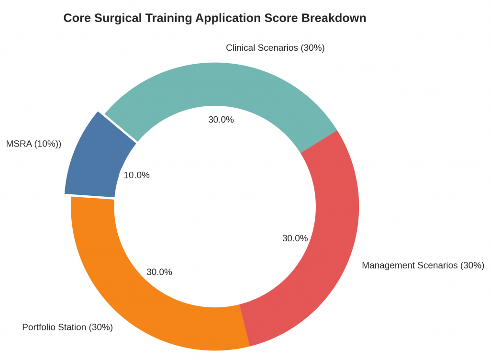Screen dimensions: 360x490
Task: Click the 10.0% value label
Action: pyautogui.click(x=136, y=175)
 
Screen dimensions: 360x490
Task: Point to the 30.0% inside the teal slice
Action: pyautogui.click(x=221, y=120)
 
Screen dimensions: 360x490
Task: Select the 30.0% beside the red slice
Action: pyautogui.click(x=295, y=238)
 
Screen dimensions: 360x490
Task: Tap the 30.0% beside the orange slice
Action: pyautogui.click(x=159, y=272)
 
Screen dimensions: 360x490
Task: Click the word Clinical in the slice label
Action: pyautogui.click(x=242, y=48)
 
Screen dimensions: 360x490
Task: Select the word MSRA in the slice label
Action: pyautogui.click(x=19, y=144)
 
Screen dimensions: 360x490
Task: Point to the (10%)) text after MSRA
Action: pyautogui.click(x=47, y=144)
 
